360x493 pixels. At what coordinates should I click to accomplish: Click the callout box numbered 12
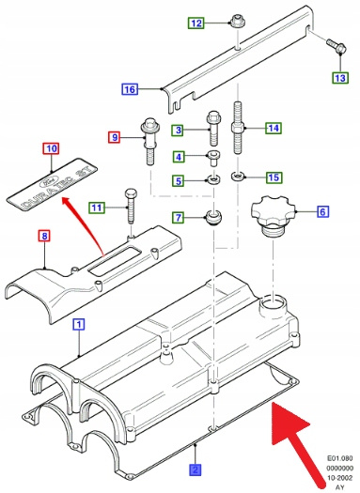click(196, 23)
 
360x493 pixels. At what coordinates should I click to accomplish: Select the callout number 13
click(340, 78)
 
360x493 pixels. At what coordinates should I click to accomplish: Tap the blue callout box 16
click(130, 89)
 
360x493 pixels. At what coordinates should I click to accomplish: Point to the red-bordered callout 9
click(115, 137)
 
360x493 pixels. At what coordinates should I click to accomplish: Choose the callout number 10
click(52, 148)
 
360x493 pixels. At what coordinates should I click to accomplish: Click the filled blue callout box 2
click(196, 470)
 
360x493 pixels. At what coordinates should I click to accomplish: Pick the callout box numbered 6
click(322, 211)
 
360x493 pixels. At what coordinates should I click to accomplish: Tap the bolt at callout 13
click(337, 46)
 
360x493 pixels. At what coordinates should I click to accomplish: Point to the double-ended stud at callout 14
click(238, 128)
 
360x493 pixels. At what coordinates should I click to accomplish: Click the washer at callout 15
click(238, 177)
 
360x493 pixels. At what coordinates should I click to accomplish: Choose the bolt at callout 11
click(131, 206)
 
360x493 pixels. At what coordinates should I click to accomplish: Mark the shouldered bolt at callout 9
click(149, 141)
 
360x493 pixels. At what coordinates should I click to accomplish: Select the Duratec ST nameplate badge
click(53, 185)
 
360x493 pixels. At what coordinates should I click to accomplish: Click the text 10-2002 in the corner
click(340, 478)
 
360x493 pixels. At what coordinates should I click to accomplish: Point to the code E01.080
click(340, 459)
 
